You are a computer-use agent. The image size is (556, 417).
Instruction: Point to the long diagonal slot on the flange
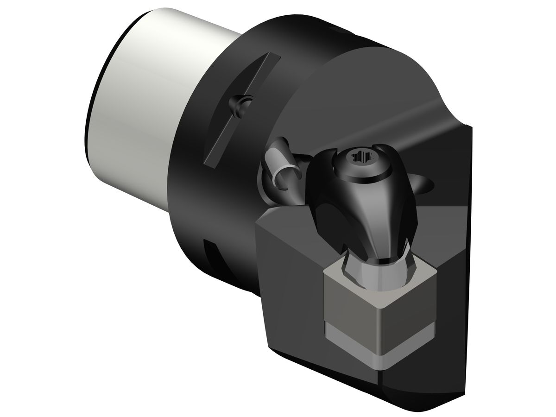(241, 109)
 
